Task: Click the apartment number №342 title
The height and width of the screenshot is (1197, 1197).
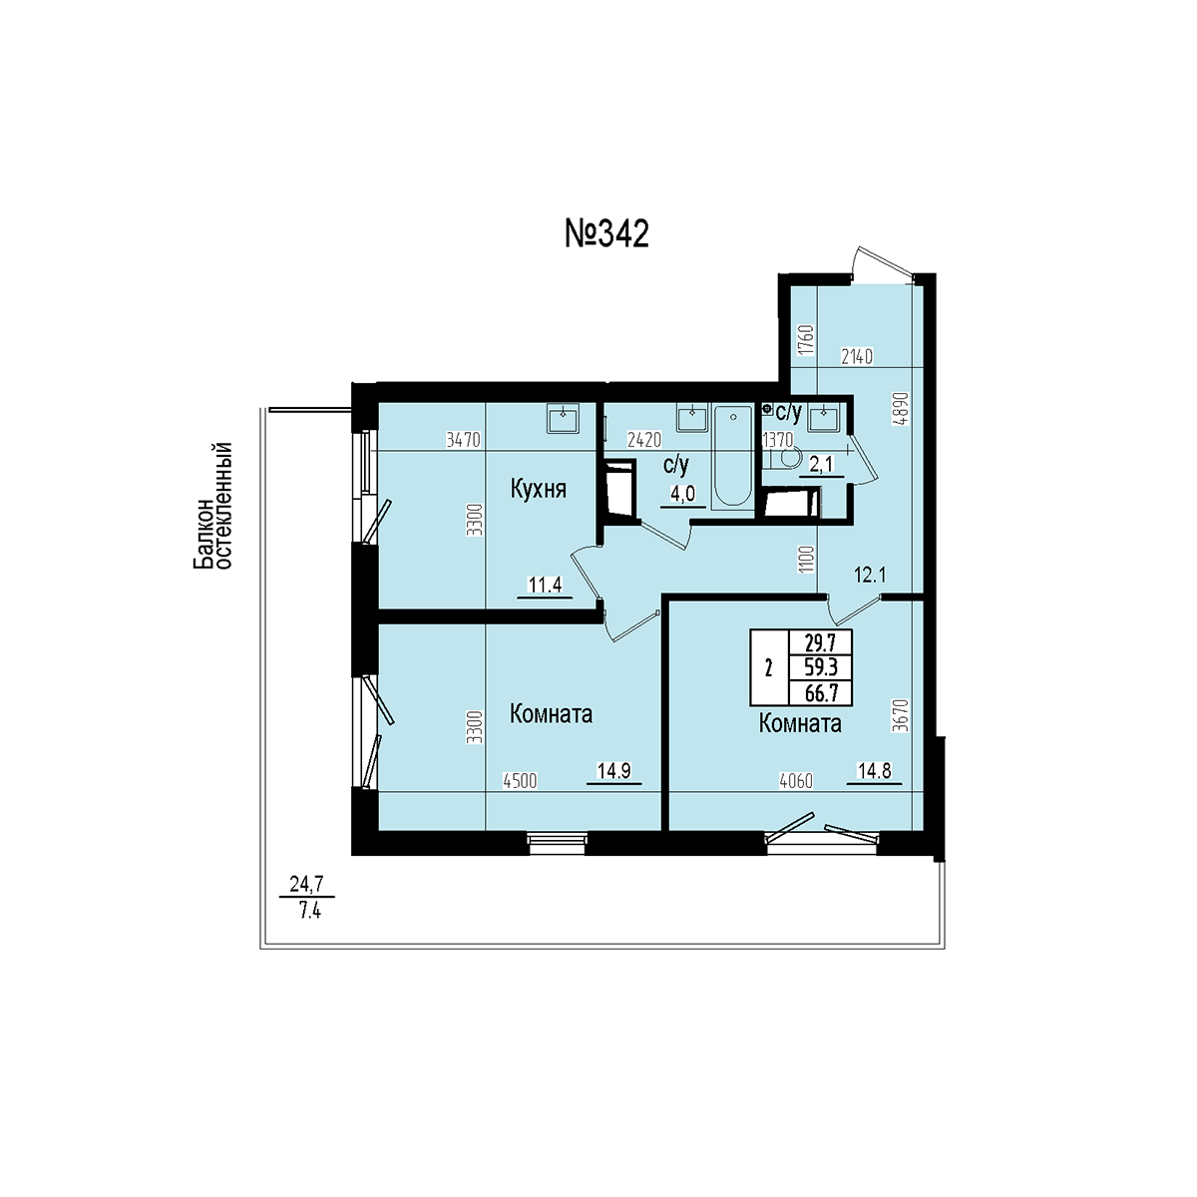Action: (606, 234)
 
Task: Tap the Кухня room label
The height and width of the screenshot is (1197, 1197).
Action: (539, 490)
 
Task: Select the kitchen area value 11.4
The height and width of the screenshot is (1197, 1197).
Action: (545, 585)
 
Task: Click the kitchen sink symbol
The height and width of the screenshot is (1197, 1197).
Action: (563, 417)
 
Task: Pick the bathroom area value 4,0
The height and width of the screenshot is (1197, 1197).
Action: (682, 494)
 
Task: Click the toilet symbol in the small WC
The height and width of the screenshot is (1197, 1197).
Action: (783, 459)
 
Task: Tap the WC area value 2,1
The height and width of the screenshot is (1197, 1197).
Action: (821, 464)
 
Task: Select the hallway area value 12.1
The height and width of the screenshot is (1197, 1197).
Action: (870, 576)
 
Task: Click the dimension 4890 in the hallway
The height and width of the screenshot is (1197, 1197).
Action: (904, 408)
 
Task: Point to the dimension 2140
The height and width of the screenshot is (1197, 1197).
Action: (857, 356)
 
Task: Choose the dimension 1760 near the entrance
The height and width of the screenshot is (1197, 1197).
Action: (807, 340)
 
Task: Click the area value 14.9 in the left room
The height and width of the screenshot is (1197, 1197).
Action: (613, 771)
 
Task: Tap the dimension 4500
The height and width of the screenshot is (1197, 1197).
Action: (520, 781)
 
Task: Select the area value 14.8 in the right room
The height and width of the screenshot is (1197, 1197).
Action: (875, 771)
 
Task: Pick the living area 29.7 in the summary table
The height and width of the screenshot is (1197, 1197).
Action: (821, 641)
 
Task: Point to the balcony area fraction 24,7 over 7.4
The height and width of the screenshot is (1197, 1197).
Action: (307, 897)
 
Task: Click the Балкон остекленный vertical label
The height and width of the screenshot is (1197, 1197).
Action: (211, 505)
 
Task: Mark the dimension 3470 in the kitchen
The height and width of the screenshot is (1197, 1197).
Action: (464, 441)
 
